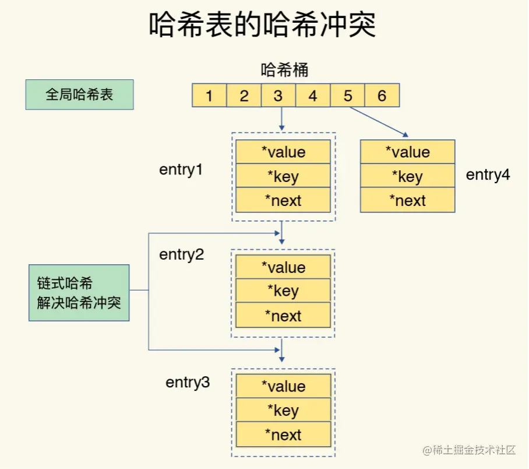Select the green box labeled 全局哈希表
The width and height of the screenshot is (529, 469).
coord(79,94)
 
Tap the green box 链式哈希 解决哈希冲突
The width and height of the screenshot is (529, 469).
coord(79,292)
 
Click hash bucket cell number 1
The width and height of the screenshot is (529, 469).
coord(209,96)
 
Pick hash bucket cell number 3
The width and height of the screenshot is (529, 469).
coord(278,96)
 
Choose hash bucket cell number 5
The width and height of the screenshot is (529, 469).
coord(348,96)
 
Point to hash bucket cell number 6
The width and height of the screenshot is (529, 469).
coord(382,96)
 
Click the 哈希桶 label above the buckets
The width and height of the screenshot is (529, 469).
coord(284,71)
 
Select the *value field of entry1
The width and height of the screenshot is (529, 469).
coord(283,152)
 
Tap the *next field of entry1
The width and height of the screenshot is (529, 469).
coord(283,201)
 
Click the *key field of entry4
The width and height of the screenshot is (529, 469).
coord(407,176)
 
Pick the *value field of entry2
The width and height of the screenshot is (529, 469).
coord(283,267)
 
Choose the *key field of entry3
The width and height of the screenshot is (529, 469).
coord(283,410)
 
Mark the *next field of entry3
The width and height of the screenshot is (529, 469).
coord(283,435)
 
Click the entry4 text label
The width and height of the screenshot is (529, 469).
coord(488,174)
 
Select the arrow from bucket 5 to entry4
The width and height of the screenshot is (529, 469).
coord(379,123)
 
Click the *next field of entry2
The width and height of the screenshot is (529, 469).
coord(283,316)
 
